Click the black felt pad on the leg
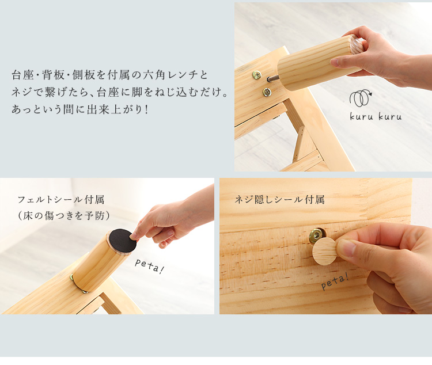[x=123, y=241]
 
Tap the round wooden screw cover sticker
[x=325, y=251]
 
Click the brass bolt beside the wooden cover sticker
[x=316, y=235]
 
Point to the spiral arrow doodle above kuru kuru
[x=361, y=98]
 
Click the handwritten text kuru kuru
[x=376, y=116]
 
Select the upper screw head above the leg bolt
[x=257, y=74]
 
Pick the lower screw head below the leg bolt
[x=267, y=92]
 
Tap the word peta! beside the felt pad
[x=149, y=266]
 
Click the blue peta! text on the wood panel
[x=335, y=282]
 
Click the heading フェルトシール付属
[x=61, y=199]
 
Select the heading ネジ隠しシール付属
[x=279, y=199]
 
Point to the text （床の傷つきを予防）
[x=63, y=215]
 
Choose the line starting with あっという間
[x=80, y=109]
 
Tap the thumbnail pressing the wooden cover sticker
[x=346, y=247]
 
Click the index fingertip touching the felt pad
[x=134, y=236]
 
